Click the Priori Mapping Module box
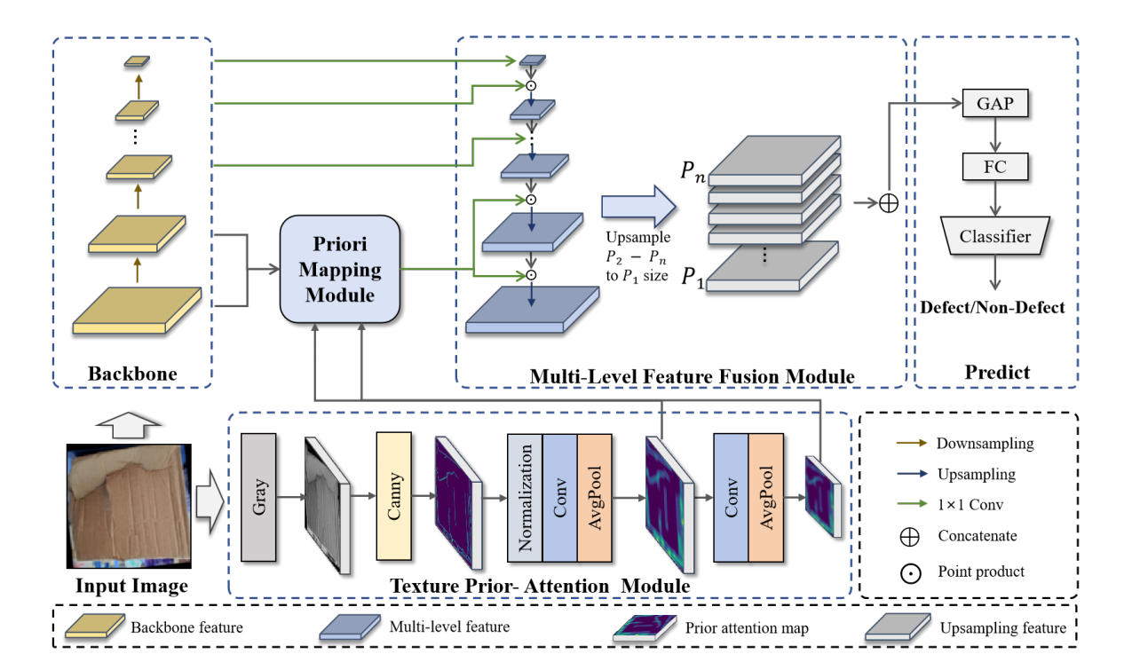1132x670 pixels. pyautogui.click(x=341, y=269)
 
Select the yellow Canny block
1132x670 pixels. pyautogui.click(x=396, y=498)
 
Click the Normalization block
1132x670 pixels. pyautogui.click(x=525, y=498)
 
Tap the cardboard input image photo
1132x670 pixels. pyautogui.click(x=131, y=507)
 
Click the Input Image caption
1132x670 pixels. pyautogui.click(x=131, y=587)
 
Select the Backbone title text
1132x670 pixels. pyautogui.click(x=132, y=374)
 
